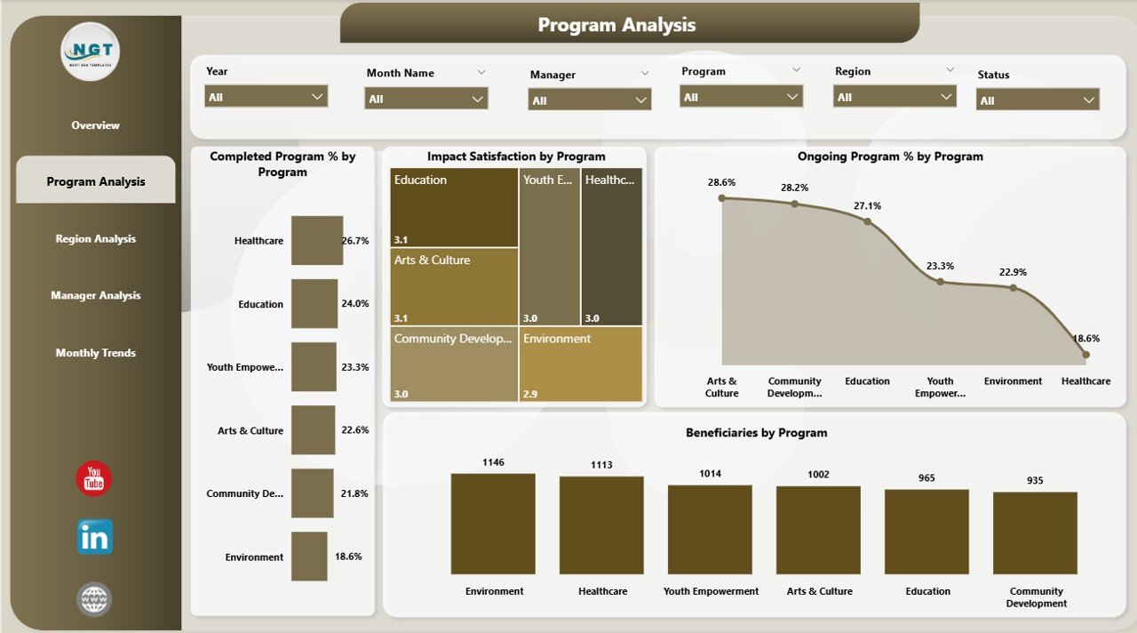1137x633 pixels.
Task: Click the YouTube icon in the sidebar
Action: click(94, 479)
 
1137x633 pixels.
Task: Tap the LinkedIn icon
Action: click(94, 537)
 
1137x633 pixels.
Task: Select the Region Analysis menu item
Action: click(96, 238)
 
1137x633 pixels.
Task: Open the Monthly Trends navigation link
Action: click(96, 353)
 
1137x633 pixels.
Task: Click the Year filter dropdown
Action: click(266, 96)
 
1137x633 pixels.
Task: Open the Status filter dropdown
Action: click(1038, 100)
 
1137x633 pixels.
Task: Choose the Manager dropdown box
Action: click(590, 100)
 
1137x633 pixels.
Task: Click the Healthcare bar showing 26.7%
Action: click(317, 240)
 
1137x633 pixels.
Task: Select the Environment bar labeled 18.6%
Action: click(309, 557)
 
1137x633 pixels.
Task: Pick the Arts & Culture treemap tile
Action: click(454, 285)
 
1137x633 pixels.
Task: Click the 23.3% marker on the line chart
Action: click(940, 281)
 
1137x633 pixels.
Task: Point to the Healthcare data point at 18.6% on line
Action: click(1085, 354)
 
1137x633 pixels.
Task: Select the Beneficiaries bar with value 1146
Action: click(493, 525)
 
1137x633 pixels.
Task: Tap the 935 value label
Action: click(1035, 481)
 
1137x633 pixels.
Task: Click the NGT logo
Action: click(91, 52)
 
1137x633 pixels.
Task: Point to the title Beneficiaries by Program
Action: click(756, 433)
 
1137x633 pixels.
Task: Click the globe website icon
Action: click(94, 599)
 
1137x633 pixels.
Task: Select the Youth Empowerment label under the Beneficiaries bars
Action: click(711, 591)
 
